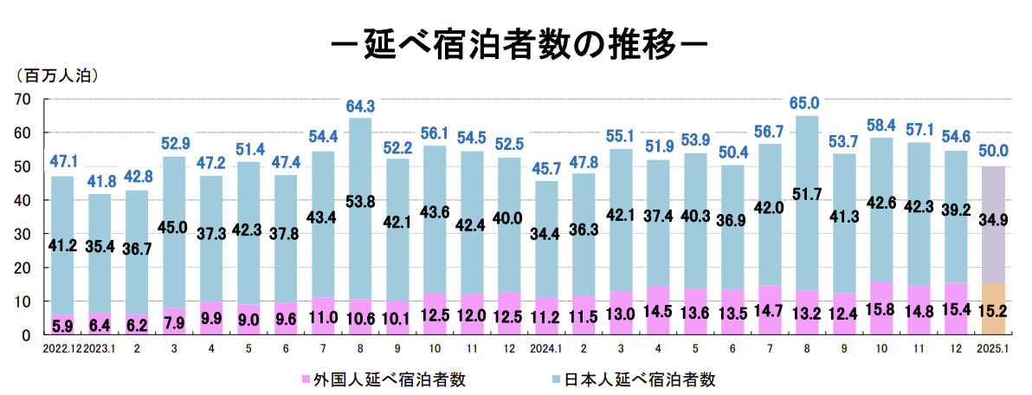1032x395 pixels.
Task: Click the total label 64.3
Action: (x=360, y=107)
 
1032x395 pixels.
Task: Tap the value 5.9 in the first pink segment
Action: (x=62, y=327)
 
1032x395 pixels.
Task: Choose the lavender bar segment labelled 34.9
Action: (x=993, y=221)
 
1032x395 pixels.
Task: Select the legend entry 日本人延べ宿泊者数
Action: (x=640, y=379)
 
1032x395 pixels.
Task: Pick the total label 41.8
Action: (x=100, y=182)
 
